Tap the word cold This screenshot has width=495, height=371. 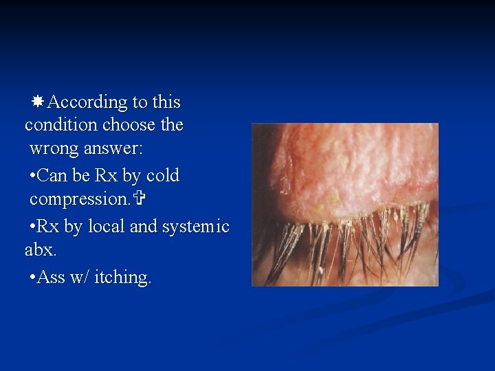[162, 176]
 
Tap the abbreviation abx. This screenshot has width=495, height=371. [38, 250]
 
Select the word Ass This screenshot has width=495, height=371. [52, 278]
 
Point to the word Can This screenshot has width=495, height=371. [53, 176]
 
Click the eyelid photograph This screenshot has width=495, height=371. [344, 204]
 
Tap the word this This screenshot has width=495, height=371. [166, 102]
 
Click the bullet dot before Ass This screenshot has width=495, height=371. [33, 278]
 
